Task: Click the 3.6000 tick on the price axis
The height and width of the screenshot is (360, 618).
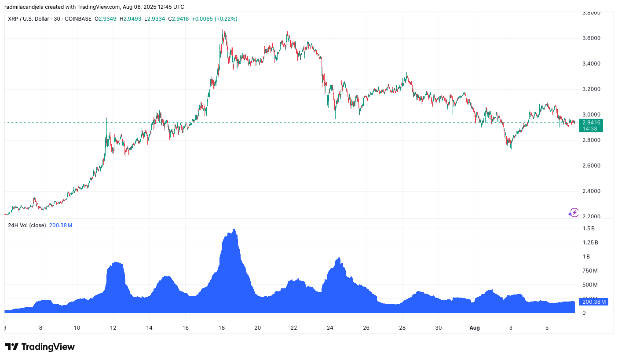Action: tap(591, 38)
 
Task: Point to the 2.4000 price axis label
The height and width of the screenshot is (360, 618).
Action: tap(591, 191)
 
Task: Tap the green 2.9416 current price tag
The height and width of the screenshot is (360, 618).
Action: tap(590, 123)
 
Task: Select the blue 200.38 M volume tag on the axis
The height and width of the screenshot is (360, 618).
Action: tap(594, 302)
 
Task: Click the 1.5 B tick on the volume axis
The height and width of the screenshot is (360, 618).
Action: tap(589, 229)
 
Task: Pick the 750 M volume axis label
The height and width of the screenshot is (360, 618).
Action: tap(589, 271)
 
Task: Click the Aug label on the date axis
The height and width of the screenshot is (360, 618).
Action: tap(475, 327)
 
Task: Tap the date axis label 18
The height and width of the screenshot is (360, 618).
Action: tap(222, 327)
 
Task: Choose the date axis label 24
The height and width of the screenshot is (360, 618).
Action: tap(330, 327)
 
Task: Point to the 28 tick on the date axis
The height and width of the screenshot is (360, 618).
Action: tap(402, 327)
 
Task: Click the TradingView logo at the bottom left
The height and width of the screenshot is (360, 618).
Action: tap(40, 347)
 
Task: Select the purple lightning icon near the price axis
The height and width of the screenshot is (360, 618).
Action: tap(573, 213)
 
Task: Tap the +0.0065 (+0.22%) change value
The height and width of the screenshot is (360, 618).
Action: tap(215, 19)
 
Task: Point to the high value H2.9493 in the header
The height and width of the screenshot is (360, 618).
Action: tap(130, 19)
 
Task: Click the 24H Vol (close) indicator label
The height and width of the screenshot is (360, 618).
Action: tap(27, 225)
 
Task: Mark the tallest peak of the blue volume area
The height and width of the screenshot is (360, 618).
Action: tap(234, 229)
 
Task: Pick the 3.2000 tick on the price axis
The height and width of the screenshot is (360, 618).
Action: tap(591, 89)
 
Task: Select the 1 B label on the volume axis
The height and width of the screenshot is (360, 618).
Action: tap(586, 257)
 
